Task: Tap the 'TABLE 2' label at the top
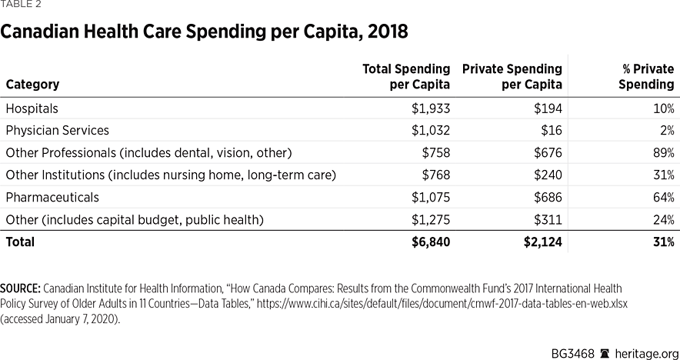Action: pos(22,5)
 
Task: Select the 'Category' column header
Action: pos(32,85)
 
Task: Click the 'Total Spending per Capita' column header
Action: pos(405,77)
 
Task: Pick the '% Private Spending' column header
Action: pos(646,77)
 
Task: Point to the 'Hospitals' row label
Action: pos(32,108)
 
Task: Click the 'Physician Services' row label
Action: pos(57,131)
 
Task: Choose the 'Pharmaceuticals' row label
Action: pos(52,198)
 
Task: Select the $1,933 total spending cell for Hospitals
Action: pos(430,108)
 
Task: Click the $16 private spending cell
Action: pos(550,131)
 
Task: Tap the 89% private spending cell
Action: pos(662,153)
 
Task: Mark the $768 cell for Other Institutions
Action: pos(435,175)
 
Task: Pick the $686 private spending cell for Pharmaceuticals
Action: pos(546,198)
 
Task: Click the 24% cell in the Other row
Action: pos(662,220)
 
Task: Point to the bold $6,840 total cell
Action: pos(430,242)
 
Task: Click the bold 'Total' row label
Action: pos(20,242)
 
